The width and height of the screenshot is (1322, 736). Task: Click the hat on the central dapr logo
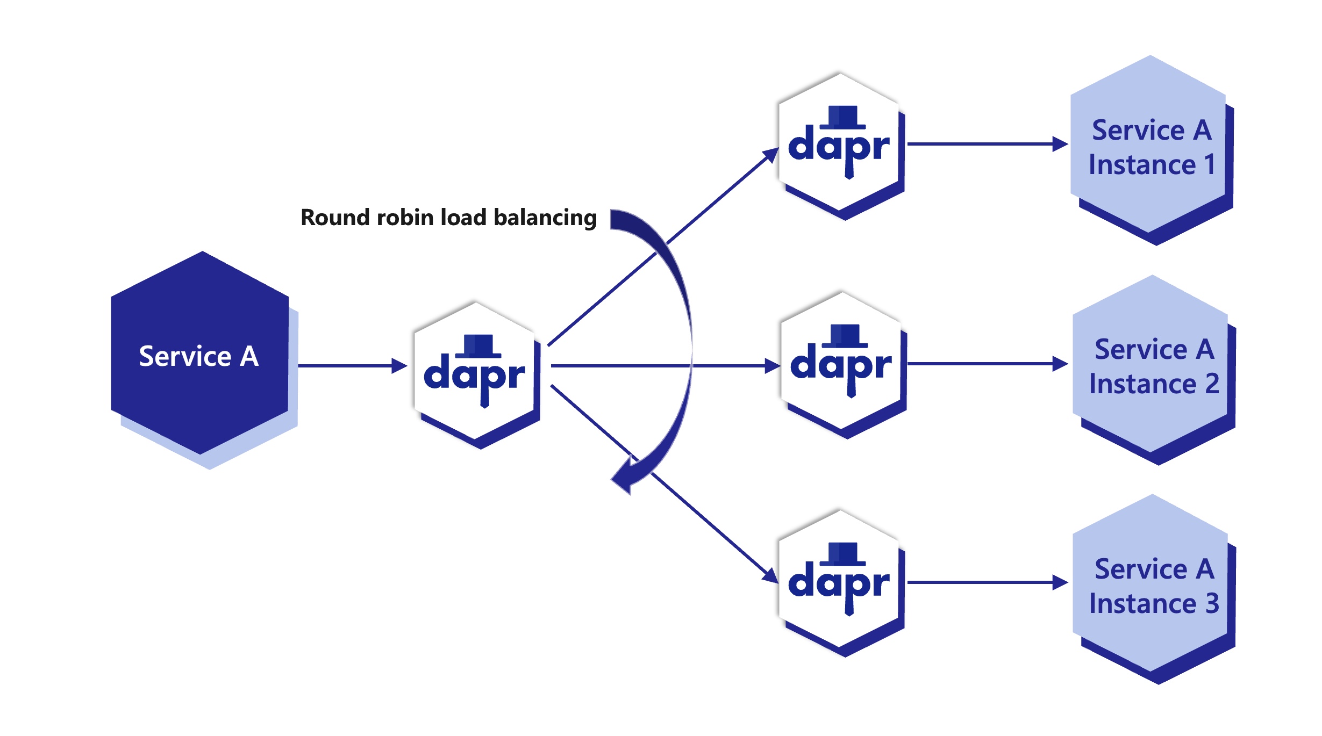tap(478, 346)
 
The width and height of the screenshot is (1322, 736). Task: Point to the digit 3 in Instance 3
tap(1212, 603)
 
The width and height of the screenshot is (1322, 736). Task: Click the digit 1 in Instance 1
tap(1210, 164)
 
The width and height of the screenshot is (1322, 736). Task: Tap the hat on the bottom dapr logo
tap(842, 554)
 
